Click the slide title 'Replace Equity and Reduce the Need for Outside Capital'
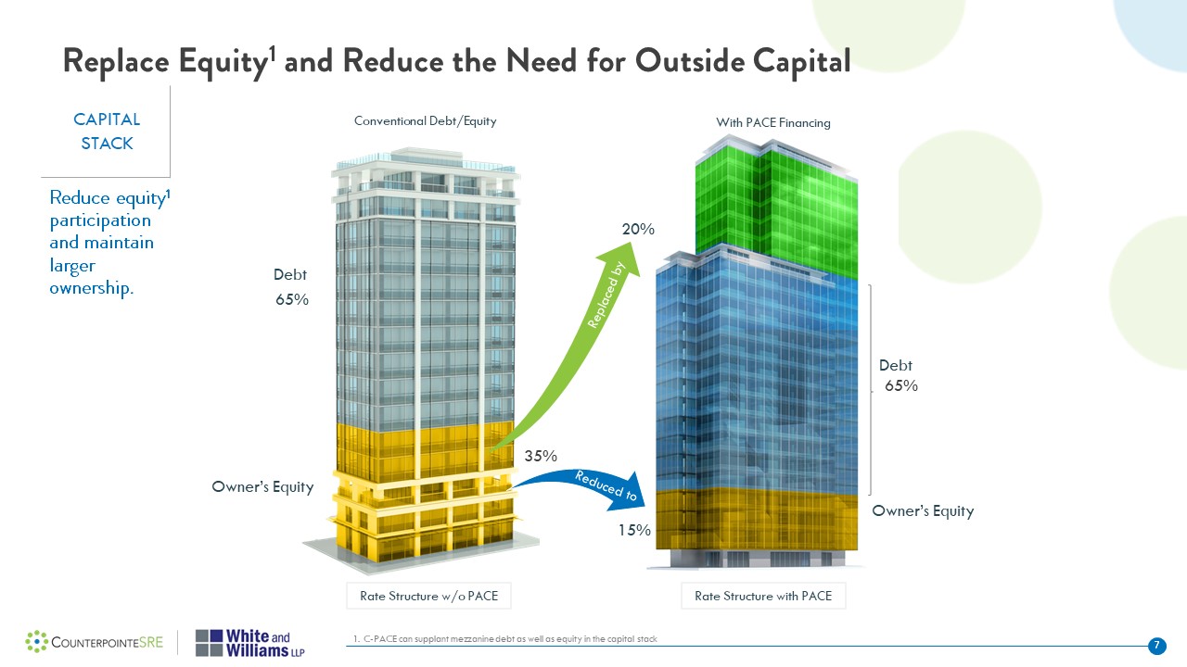(456, 61)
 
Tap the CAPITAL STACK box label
(107, 132)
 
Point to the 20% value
(639, 229)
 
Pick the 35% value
(541, 456)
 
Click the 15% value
(634, 531)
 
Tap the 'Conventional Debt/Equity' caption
(426, 121)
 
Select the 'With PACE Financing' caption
(773, 122)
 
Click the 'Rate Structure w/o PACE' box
(428, 596)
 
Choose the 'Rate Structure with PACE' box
(763, 596)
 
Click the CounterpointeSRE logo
(95, 641)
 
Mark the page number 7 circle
(1156, 645)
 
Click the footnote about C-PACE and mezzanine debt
(505, 639)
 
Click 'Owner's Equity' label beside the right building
(923, 511)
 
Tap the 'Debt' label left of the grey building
(289, 275)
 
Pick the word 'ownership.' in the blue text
(92, 288)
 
